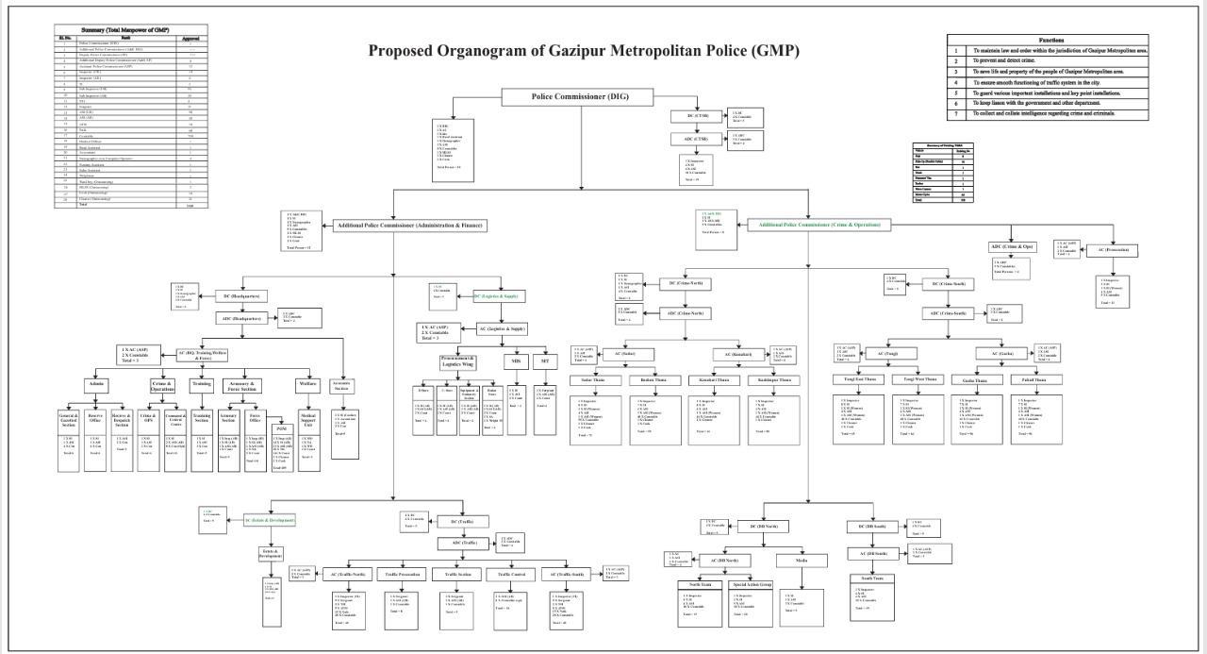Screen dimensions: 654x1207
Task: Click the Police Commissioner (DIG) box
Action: coord(579,97)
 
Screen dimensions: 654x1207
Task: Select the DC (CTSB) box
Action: coord(696,116)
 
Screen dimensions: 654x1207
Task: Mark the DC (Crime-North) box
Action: coord(684,282)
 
